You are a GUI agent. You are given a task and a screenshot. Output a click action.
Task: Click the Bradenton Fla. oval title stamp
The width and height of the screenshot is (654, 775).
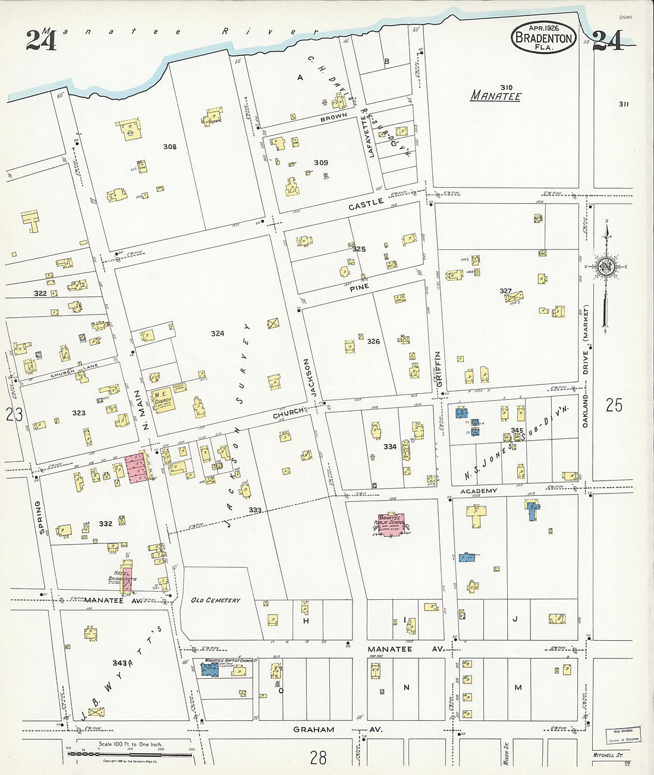(x=543, y=38)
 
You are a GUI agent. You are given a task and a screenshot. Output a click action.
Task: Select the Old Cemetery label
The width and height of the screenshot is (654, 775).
(x=215, y=600)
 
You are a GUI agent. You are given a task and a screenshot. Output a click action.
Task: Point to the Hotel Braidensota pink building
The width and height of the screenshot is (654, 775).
(x=127, y=575)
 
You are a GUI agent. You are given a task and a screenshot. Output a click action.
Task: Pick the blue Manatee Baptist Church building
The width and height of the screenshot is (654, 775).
(x=209, y=669)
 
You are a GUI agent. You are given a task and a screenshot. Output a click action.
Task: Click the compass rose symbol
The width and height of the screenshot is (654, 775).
(x=606, y=267)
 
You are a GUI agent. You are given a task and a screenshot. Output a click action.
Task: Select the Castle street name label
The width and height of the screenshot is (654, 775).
(x=366, y=204)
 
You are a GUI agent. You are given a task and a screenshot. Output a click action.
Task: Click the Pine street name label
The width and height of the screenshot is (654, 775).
(x=359, y=287)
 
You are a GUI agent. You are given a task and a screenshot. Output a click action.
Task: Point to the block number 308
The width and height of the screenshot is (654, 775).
(x=170, y=146)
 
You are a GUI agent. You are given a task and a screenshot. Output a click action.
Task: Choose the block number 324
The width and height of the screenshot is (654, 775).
(x=218, y=333)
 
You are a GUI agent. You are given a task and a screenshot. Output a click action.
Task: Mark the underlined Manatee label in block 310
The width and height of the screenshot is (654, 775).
(x=496, y=96)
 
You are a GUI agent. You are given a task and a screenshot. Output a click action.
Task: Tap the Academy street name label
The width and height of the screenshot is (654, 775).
(x=479, y=491)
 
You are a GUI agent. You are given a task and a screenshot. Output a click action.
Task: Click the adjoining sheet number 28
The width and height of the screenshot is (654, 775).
(x=318, y=757)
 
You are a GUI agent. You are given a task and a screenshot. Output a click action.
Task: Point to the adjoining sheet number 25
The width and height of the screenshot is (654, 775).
(x=614, y=405)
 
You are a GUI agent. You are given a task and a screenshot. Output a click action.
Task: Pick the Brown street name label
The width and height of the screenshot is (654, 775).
(x=334, y=117)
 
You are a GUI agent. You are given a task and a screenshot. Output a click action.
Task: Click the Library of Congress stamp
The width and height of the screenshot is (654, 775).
(x=623, y=735)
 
